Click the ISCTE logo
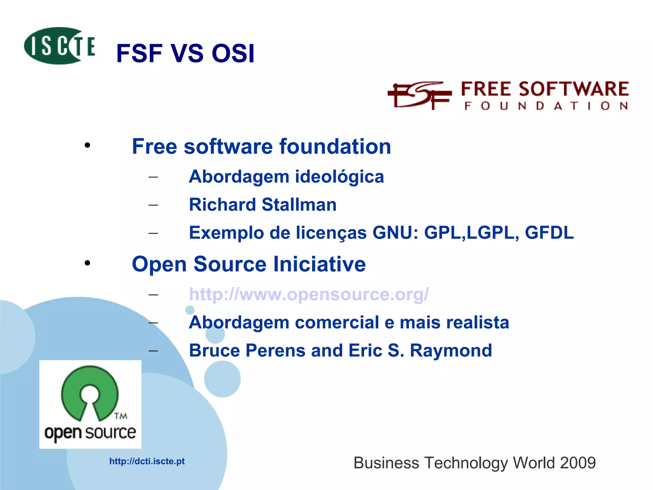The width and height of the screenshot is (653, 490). point(60,46)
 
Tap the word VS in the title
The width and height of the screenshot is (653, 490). point(187,53)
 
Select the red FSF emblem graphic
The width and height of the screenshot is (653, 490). point(419,95)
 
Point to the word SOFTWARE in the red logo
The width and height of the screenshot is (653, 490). point(574,89)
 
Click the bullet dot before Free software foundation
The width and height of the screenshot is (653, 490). point(87,146)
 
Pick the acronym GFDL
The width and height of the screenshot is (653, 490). point(549,233)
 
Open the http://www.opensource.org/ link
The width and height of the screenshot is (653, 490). point(309,294)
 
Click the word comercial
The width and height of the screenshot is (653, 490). point(337,322)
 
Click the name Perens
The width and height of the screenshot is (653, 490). point(275,350)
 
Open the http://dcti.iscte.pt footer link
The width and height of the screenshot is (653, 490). point(147,461)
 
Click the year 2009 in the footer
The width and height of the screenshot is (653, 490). point(577,463)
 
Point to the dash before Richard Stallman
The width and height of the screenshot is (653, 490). point(153,205)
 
